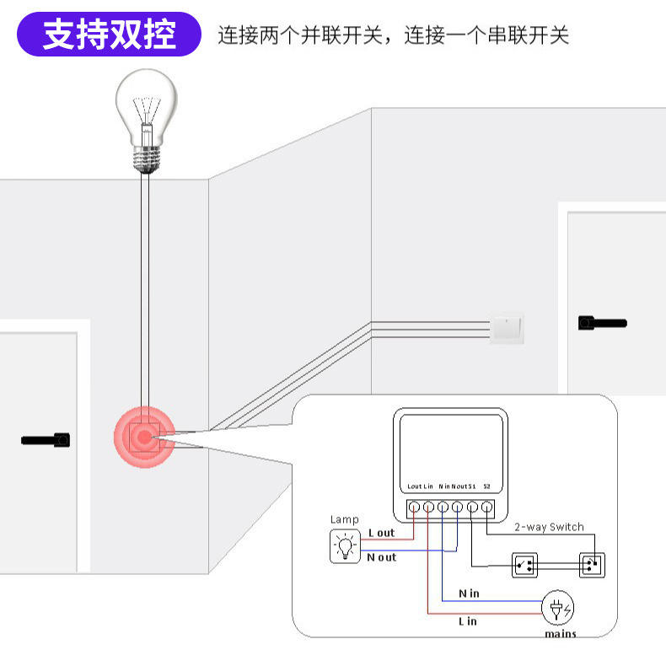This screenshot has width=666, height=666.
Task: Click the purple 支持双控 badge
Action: tap(109, 34)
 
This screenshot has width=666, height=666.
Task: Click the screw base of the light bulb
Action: tap(146, 159)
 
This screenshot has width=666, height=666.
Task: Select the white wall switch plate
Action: tap(507, 329)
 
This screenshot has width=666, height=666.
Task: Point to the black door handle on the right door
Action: tap(602, 323)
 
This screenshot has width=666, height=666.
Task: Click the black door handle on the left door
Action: tap(46, 440)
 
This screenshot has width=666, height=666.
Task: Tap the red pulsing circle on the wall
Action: tap(144, 437)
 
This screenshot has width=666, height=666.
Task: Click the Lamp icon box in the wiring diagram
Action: tap(345, 545)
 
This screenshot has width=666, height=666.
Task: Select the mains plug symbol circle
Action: tap(558, 608)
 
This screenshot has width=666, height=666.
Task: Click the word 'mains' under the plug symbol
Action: tap(561, 634)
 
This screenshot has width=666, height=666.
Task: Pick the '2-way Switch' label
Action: tap(549, 527)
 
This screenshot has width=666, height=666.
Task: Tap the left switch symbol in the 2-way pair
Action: tap(524, 566)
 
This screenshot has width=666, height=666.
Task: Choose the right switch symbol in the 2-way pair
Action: tap(592, 565)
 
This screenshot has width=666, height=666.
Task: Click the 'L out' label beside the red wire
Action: tap(381, 533)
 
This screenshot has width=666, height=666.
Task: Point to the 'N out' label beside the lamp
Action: tap(381, 557)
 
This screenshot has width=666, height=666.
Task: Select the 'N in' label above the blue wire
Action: tap(469, 593)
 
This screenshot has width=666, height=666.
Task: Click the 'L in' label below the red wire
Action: tap(468, 621)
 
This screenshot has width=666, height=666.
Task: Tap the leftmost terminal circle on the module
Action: tap(414, 507)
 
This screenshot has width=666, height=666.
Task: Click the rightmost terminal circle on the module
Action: tap(487, 507)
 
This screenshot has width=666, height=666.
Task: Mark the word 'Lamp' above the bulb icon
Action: tap(345, 519)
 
